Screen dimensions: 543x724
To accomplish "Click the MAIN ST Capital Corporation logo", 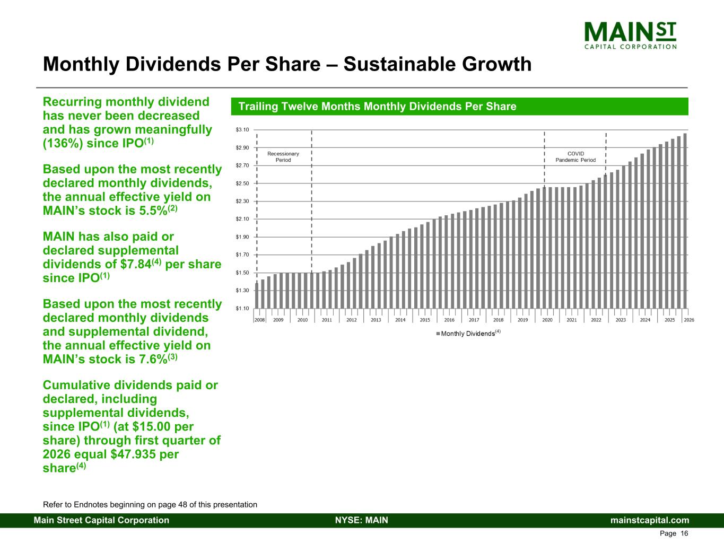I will (630, 35).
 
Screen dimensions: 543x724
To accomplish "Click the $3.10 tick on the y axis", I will (242, 130).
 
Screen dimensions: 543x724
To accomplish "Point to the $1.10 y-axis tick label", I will (242, 308).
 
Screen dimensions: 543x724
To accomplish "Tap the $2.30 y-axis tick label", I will (242, 202).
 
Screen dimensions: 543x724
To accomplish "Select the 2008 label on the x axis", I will (259, 320).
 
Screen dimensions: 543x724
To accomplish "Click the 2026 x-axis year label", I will (689, 320).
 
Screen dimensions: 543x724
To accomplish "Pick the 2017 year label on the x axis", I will (474, 320).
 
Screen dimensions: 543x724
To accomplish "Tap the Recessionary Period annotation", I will (283, 157).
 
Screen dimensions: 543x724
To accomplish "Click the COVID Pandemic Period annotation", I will (575, 157).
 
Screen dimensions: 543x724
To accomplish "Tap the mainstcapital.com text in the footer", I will (650, 520).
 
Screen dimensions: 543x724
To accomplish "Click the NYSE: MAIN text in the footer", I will (362, 520).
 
